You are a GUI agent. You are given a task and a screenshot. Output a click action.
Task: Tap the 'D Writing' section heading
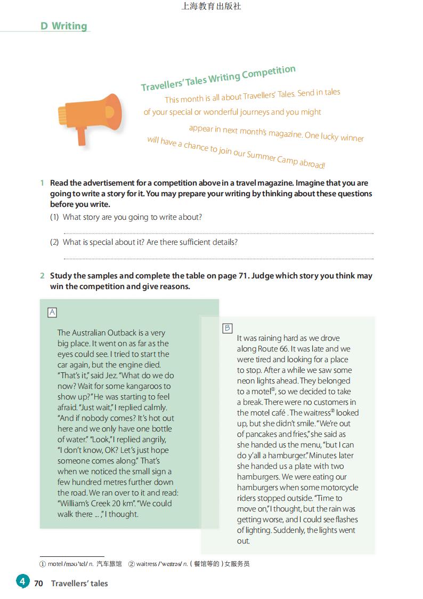point(63,26)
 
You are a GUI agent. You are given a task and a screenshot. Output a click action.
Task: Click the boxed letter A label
point(52,313)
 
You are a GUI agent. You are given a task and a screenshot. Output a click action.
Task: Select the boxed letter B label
point(227,328)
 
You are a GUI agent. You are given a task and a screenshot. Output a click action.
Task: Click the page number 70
point(38,584)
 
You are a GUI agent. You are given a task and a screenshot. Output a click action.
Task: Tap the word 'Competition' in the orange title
point(269,73)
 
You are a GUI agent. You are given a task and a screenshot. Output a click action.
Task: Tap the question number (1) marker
point(54,217)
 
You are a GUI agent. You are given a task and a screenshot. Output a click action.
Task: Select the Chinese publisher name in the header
point(211,6)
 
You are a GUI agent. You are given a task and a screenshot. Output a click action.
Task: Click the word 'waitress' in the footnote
point(147,564)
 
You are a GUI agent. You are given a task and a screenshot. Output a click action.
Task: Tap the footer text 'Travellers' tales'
point(79,584)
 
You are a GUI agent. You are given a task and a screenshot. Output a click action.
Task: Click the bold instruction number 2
point(42,276)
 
